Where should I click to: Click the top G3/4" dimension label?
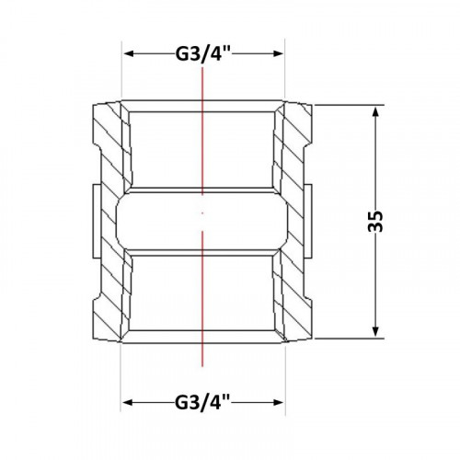point(202,54)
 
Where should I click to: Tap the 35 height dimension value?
point(376,222)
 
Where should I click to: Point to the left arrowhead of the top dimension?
point(129,54)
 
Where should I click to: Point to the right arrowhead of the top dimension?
point(278,54)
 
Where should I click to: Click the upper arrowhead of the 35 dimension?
point(375,112)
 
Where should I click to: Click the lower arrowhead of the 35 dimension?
point(375,331)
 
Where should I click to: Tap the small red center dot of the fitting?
point(202,213)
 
